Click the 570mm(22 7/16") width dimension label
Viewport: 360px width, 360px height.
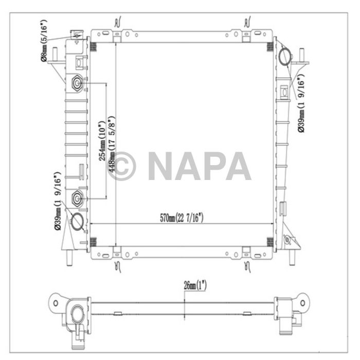(x=182, y=218)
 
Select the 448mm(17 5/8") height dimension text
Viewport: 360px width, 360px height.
(x=111, y=150)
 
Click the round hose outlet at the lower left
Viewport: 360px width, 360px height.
(x=77, y=221)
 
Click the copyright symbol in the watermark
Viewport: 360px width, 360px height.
(x=122, y=166)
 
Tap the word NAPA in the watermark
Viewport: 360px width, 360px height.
(x=199, y=166)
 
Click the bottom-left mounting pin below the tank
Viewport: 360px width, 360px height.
(x=68, y=257)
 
